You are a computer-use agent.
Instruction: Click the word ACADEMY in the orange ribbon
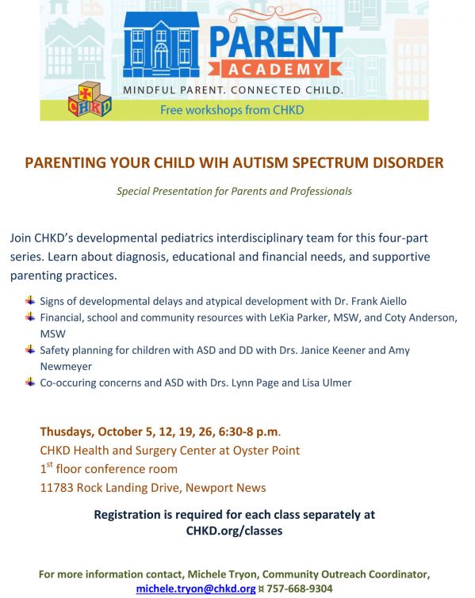[277, 69]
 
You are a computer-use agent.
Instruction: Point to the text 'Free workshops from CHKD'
[232, 109]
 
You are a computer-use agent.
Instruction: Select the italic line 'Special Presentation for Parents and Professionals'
[234, 191]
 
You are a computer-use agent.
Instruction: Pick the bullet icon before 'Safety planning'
[30, 349]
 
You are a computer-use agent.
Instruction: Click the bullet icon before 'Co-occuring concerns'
[30, 382]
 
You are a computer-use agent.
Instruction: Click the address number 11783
[58, 487]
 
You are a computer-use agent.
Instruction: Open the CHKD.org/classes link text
[234, 531]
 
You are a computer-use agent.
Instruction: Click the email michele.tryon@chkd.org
[195, 588]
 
